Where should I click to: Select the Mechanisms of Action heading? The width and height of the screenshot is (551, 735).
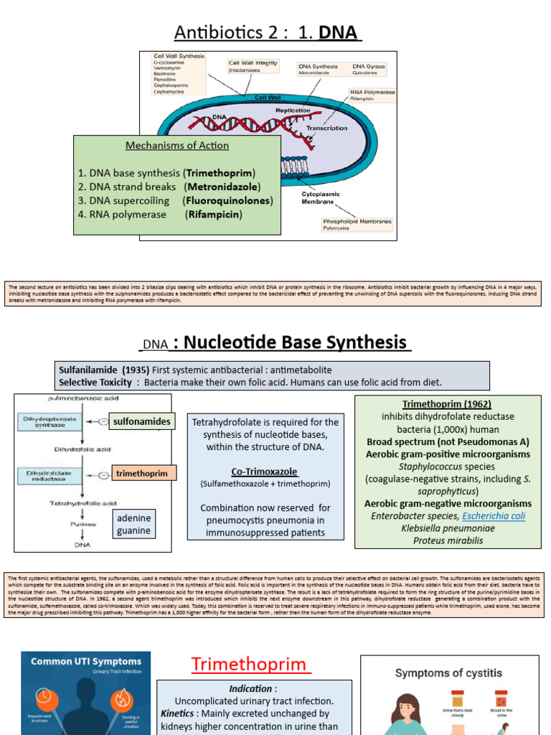pyautogui.click(x=177, y=145)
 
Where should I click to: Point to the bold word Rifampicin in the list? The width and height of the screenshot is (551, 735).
pyautogui.click(x=214, y=214)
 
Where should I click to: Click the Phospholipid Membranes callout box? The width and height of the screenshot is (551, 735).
pyautogui.click(x=357, y=225)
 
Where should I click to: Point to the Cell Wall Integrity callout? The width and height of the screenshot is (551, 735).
pyautogui.click(x=253, y=66)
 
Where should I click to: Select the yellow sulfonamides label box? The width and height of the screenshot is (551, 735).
pyautogui.click(x=141, y=421)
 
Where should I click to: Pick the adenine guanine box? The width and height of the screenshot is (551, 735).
pyautogui.click(x=133, y=524)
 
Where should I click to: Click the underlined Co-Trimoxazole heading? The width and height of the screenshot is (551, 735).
pyautogui.click(x=265, y=471)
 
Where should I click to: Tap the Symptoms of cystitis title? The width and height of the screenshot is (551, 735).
pyautogui.click(x=448, y=673)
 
